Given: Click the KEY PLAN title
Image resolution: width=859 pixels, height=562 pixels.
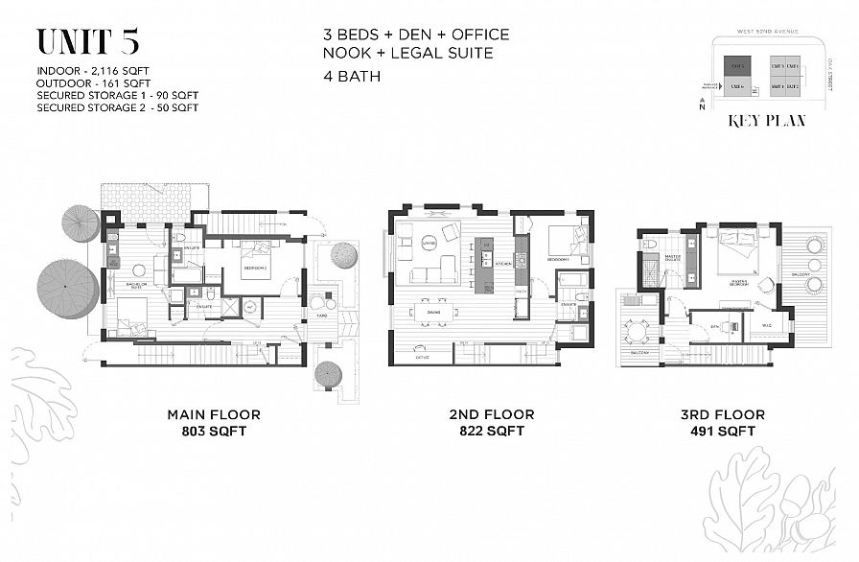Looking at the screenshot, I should (766, 121).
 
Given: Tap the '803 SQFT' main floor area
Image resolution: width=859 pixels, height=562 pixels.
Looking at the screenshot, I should (214, 432).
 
